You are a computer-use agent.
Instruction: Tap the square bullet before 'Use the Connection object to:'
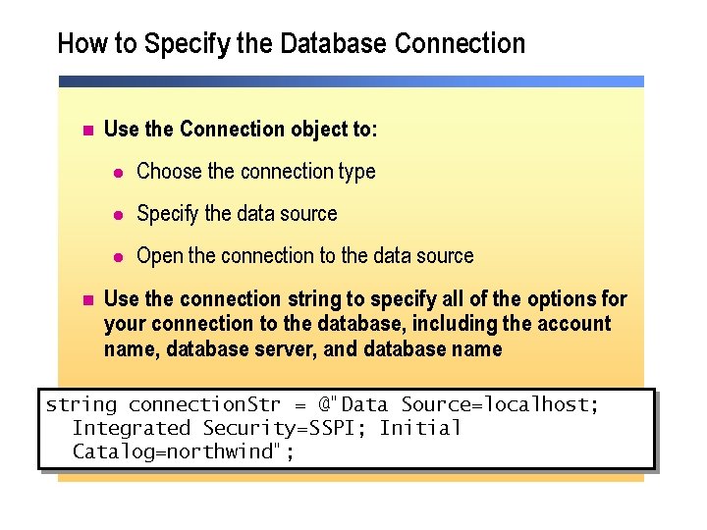pyautogui.click(x=86, y=130)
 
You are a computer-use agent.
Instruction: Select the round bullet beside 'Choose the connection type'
pyautogui.click(x=118, y=172)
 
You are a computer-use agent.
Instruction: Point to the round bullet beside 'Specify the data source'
pyautogui.click(x=118, y=214)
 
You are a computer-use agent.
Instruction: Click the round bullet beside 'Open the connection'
pyautogui.click(x=118, y=256)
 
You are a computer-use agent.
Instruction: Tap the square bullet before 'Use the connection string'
pyautogui.click(x=86, y=299)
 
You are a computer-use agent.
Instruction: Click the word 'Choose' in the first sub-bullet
pyautogui.click(x=169, y=172)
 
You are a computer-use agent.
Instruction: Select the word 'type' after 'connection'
pyautogui.click(x=356, y=172)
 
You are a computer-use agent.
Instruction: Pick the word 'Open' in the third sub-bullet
pyautogui.click(x=160, y=256)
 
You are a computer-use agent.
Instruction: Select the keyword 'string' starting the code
pyautogui.click(x=82, y=404)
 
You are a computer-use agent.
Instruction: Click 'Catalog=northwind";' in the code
pyautogui.click(x=184, y=451)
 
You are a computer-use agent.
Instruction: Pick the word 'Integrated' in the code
pyautogui.click(x=132, y=428)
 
